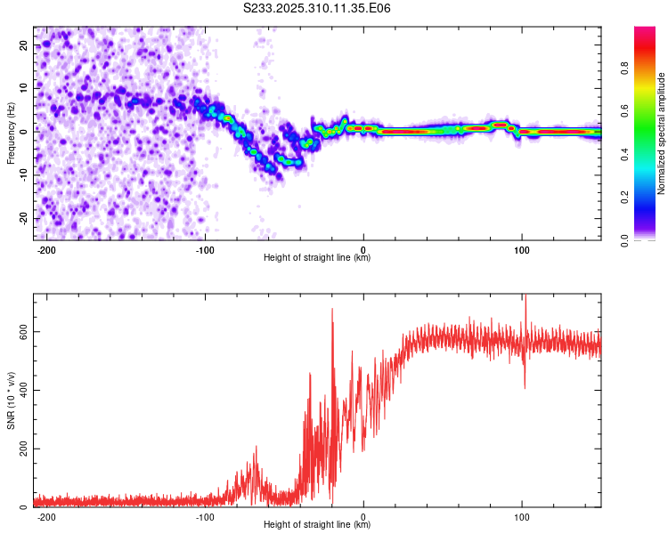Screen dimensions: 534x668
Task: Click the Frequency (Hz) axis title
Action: pyautogui.click(x=11, y=132)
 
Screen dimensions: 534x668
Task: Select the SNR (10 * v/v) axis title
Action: pyautogui.click(x=11, y=400)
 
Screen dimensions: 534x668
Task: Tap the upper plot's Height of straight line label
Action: pyautogui.click(x=317, y=257)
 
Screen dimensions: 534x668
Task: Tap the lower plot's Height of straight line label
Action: pyautogui.click(x=317, y=525)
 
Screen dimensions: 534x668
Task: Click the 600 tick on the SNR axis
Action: pyautogui.click(x=21, y=331)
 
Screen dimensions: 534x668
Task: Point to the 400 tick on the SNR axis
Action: pyautogui.click(x=21, y=390)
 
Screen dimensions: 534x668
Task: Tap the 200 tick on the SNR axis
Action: pyautogui.click(x=21, y=449)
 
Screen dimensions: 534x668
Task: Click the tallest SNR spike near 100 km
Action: pyautogui.click(x=525, y=296)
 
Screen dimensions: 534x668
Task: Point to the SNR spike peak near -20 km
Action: pyautogui.click(x=332, y=310)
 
